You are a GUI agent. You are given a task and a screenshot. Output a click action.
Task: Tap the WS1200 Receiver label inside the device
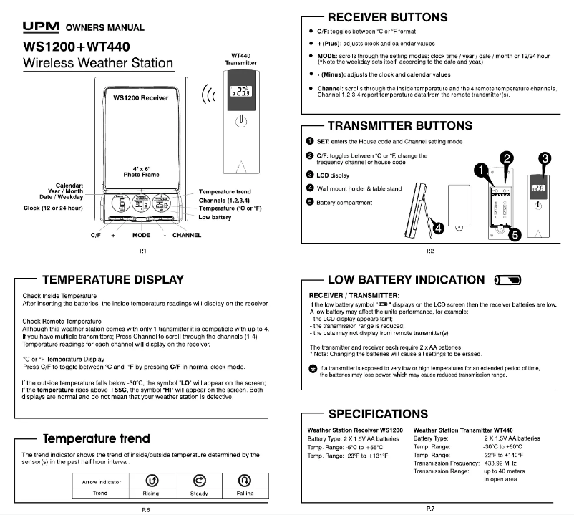[x=135, y=97]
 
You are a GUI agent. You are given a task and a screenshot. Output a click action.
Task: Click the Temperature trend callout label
[x=225, y=192]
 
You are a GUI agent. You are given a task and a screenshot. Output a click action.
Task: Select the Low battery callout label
[x=215, y=217]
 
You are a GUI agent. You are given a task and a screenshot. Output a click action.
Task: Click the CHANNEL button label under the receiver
[x=186, y=235]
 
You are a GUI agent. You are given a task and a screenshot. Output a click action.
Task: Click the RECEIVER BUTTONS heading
[x=387, y=17]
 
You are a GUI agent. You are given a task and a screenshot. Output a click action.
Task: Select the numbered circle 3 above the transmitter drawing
[x=545, y=158]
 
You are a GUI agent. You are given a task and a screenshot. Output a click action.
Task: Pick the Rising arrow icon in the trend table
[x=151, y=480]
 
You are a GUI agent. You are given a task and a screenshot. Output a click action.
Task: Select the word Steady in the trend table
[x=198, y=494]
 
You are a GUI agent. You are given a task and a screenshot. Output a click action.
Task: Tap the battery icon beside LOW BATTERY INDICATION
[x=509, y=280]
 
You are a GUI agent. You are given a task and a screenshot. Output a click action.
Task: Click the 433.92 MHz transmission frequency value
[x=502, y=463]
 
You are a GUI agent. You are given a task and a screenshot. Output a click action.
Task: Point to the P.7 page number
[x=429, y=508]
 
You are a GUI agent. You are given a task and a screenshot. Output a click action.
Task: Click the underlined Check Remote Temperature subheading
[x=62, y=322]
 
